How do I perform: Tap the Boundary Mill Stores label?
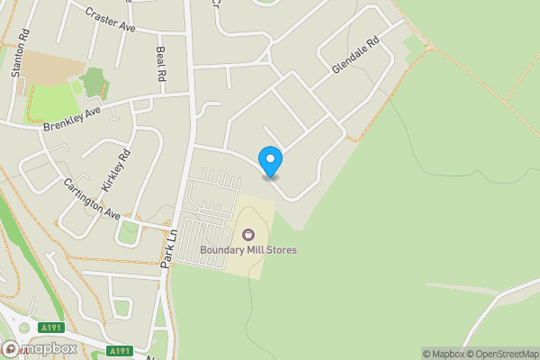click(x=248, y=250)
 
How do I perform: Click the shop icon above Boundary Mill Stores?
click(x=247, y=235)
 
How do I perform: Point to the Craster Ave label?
click(x=109, y=17)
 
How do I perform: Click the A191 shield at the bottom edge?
click(x=119, y=351)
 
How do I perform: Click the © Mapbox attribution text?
click(x=440, y=354)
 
